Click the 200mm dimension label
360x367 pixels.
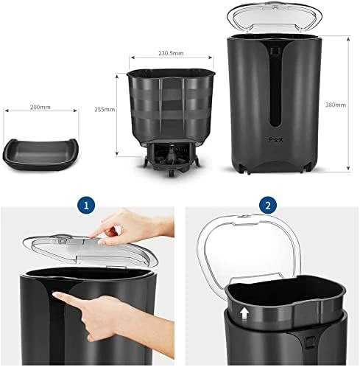click(x=40, y=108)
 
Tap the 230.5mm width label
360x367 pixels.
click(x=171, y=53)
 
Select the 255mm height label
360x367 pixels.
click(x=105, y=109)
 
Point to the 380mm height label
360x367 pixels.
click(x=336, y=105)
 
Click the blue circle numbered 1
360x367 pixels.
click(x=86, y=206)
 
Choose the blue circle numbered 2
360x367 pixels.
click(x=268, y=205)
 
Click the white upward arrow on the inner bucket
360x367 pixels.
click(x=244, y=315)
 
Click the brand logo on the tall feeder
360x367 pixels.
click(x=275, y=140)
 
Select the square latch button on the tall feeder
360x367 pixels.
click(x=275, y=51)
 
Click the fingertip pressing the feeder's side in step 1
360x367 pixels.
click(x=57, y=296)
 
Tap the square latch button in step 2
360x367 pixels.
click(x=309, y=342)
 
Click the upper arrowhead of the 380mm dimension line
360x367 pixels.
click(x=348, y=39)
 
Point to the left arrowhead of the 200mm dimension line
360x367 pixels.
click(x=7, y=111)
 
